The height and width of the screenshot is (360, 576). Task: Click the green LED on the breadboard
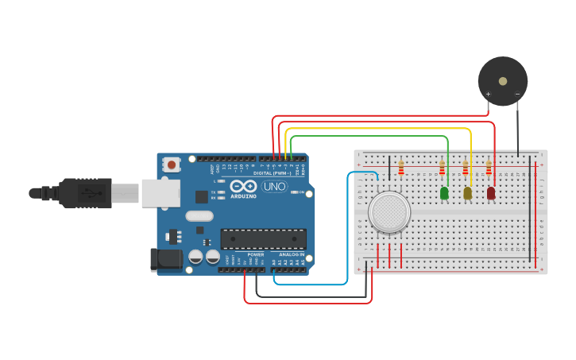pyautogui.click(x=444, y=192)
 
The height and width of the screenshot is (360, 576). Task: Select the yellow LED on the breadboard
pyautogui.click(x=467, y=192)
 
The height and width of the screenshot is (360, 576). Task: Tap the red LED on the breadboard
pyautogui.click(x=491, y=192)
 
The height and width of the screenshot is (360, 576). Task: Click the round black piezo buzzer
pyautogui.click(x=502, y=80)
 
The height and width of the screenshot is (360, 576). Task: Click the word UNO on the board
pyautogui.click(x=274, y=187)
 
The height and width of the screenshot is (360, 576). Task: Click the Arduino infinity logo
pyautogui.click(x=242, y=186)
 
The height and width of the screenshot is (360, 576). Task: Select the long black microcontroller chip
pyautogui.click(x=263, y=238)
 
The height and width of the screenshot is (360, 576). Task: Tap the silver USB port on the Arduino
pyautogui.click(x=160, y=193)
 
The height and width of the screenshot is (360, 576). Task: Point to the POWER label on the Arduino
pyautogui.click(x=255, y=254)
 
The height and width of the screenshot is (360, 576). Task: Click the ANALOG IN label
pyautogui.click(x=292, y=254)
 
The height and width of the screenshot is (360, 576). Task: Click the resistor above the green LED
pyautogui.click(x=442, y=168)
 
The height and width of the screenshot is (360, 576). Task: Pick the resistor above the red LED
pyautogui.click(x=489, y=168)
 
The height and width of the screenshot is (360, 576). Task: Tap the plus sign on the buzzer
pyautogui.click(x=488, y=95)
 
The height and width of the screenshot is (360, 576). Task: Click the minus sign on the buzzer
pyautogui.click(x=517, y=95)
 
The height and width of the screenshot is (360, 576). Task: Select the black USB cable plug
pyautogui.click(x=79, y=193)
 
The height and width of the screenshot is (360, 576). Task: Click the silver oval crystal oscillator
pyautogui.click(x=199, y=215)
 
